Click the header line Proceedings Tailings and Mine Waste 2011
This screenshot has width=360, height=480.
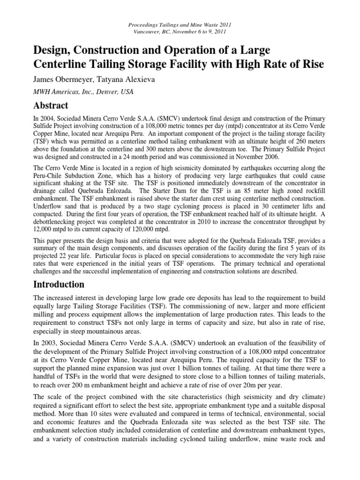180,24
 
